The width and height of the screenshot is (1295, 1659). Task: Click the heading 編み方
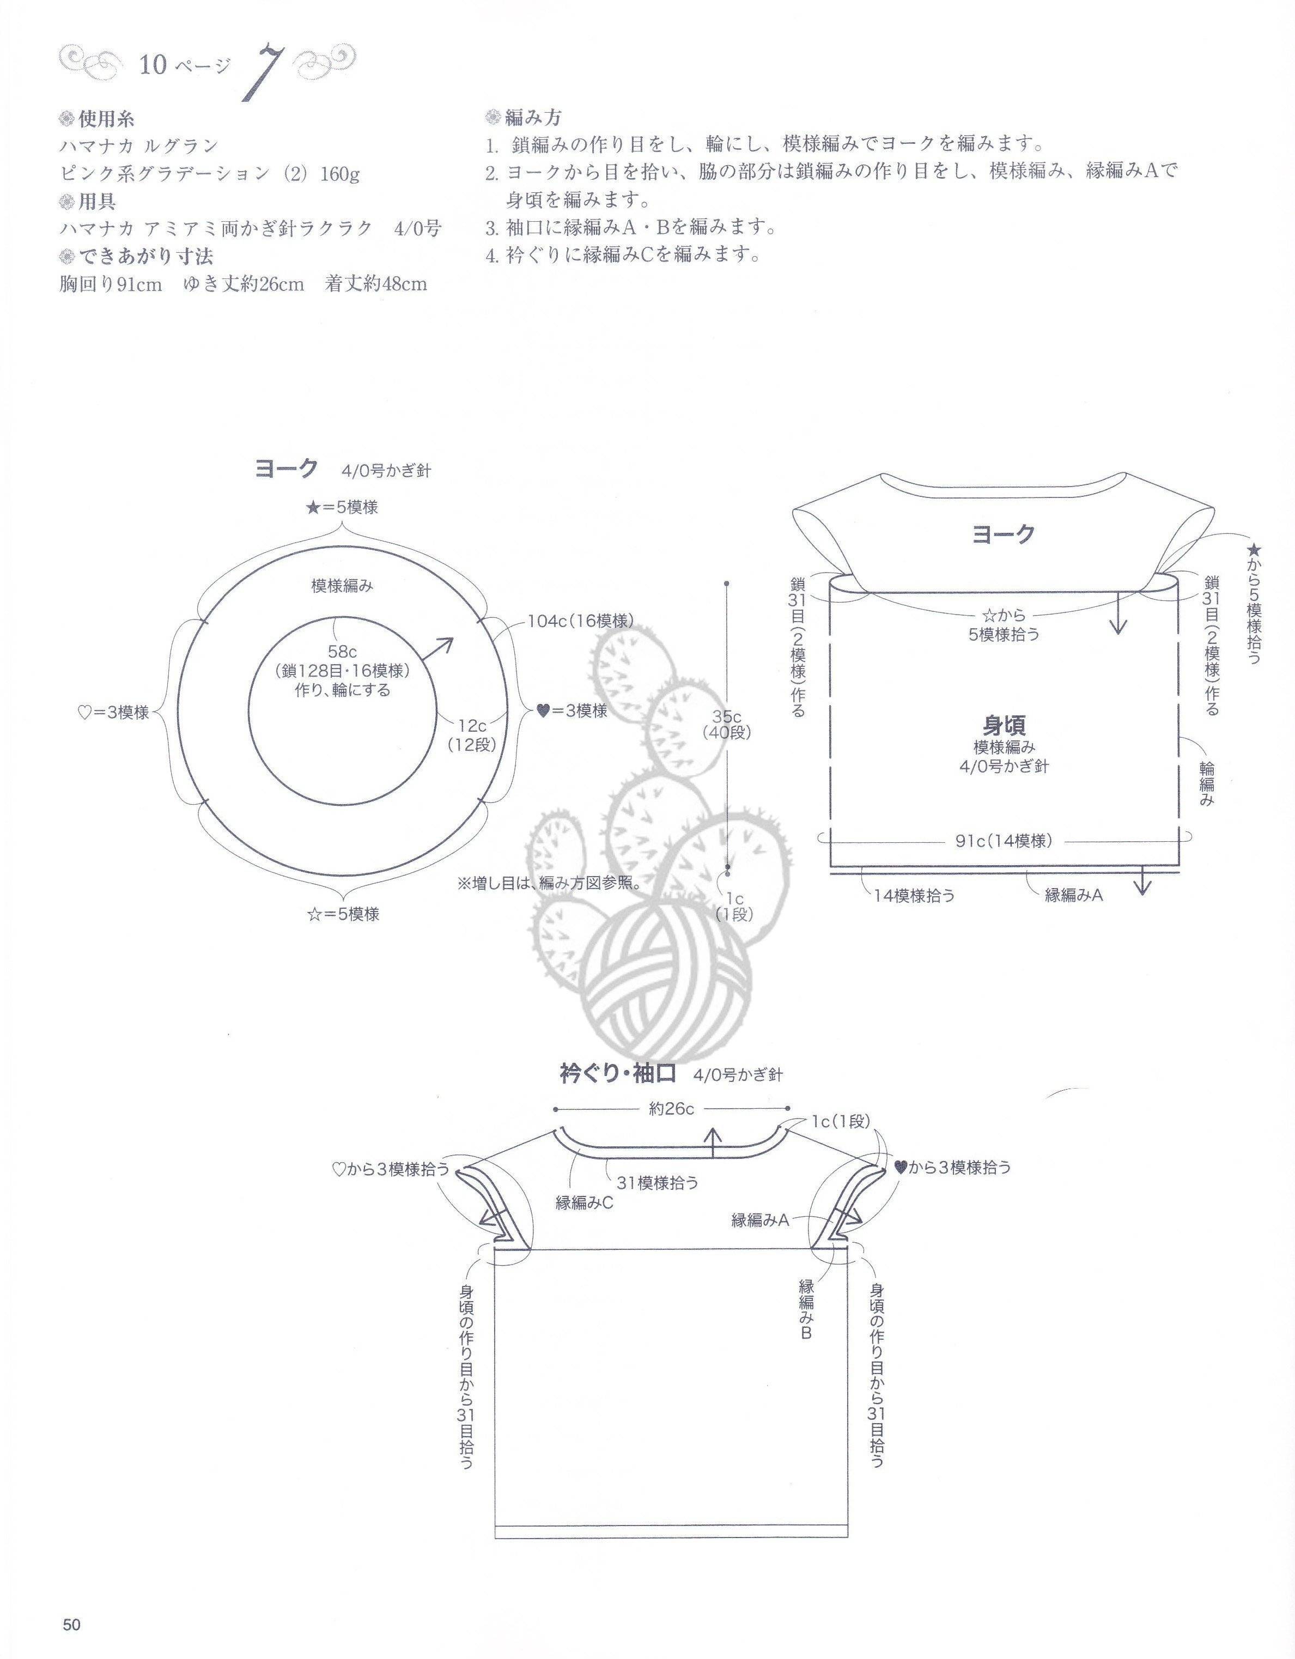coord(533,118)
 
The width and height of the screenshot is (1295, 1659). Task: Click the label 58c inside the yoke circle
coord(343,651)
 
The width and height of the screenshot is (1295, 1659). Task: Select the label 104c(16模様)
coord(580,621)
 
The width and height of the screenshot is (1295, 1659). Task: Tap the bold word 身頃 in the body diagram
coord(1004,725)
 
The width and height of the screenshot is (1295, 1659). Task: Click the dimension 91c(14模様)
coord(1004,840)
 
